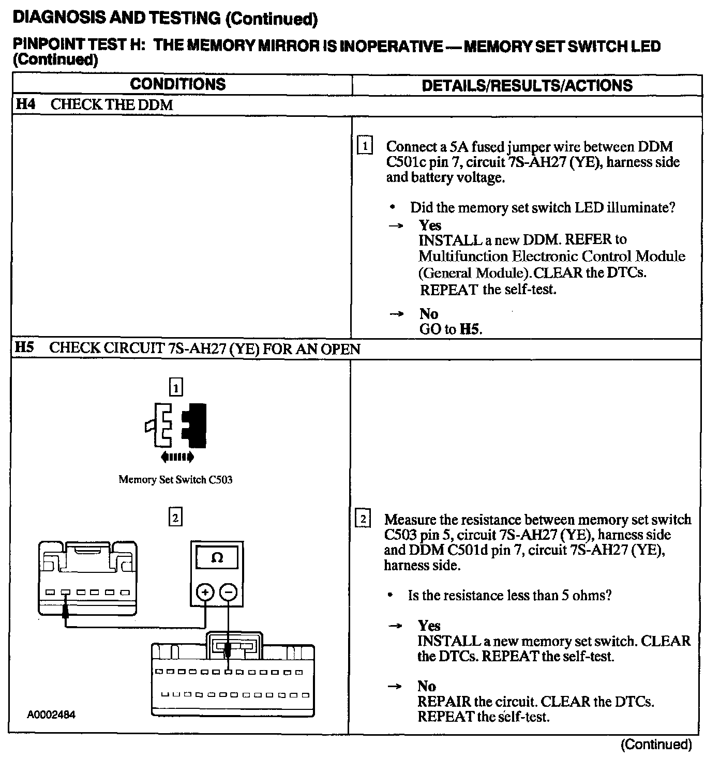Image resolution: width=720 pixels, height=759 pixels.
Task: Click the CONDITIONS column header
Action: [177, 84]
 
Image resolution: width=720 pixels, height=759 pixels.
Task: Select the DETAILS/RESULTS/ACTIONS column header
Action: [527, 85]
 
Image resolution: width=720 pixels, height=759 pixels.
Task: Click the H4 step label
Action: [25, 104]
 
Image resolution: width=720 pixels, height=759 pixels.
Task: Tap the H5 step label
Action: [24, 347]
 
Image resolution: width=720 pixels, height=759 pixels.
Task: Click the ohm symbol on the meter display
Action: [218, 558]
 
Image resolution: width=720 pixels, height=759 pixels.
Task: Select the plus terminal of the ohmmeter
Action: [205, 593]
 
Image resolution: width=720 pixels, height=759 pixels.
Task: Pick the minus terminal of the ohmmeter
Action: [229, 593]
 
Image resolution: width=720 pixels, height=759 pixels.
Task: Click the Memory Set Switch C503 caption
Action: [175, 479]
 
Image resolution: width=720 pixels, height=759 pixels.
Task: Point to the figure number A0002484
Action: [52, 716]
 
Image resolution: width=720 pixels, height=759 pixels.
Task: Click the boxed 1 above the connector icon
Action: [176, 387]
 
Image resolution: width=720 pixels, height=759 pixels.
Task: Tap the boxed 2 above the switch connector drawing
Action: [176, 517]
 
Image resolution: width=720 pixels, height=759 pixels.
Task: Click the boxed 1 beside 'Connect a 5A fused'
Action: [365, 146]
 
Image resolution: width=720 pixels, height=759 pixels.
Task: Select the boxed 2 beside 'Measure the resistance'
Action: [364, 519]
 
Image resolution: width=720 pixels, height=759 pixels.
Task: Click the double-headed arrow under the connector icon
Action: [177, 457]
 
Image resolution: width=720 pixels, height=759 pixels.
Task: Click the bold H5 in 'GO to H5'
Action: [470, 329]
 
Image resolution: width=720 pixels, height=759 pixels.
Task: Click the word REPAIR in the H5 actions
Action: [444, 702]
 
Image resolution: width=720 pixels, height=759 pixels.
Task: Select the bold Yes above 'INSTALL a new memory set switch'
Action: [429, 626]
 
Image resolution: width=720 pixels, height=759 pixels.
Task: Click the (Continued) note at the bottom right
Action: [656, 744]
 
